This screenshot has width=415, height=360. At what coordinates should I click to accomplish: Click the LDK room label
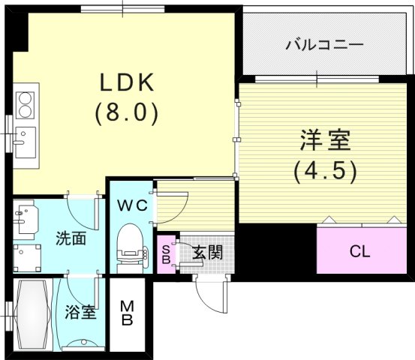pos(125,82)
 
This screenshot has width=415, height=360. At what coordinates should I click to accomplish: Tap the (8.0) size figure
pos(125,112)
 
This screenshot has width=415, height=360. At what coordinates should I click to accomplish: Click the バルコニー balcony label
pos(324,45)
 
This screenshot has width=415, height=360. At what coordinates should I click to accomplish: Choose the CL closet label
pos(359,251)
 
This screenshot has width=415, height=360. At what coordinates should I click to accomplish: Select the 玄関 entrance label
pos(207,252)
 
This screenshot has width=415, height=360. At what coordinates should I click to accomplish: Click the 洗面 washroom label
pos(71,239)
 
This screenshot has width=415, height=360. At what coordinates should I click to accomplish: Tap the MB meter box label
pos(128,313)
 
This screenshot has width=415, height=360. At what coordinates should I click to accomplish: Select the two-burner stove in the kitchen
pos(24,104)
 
